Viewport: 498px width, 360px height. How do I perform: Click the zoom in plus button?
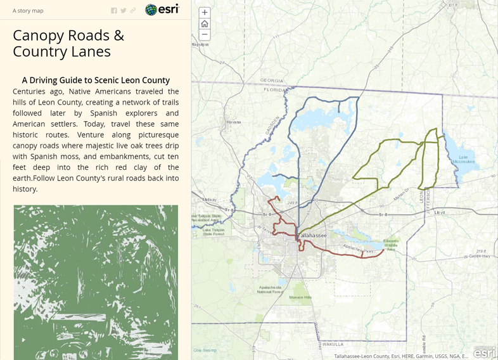[x=205, y=13]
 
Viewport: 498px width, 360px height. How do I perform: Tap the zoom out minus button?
[x=205, y=34]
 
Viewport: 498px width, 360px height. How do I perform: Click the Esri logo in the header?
[x=162, y=10]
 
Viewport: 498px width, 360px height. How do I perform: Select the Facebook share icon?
[x=114, y=11]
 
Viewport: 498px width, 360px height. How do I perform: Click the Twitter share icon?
[x=124, y=11]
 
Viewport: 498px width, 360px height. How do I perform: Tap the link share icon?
[x=133, y=11]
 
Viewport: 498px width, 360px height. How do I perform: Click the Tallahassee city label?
[x=312, y=235]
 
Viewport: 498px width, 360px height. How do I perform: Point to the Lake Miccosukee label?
[x=463, y=159]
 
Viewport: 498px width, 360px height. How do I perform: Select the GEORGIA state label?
[x=272, y=80]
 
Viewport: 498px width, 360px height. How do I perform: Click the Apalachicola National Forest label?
[x=269, y=290]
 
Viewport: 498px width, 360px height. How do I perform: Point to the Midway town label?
[x=209, y=200]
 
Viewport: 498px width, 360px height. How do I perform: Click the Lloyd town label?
[x=440, y=213]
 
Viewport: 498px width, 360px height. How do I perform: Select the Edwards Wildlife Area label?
[x=391, y=244]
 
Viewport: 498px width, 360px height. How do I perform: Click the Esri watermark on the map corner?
[x=485, y=352]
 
